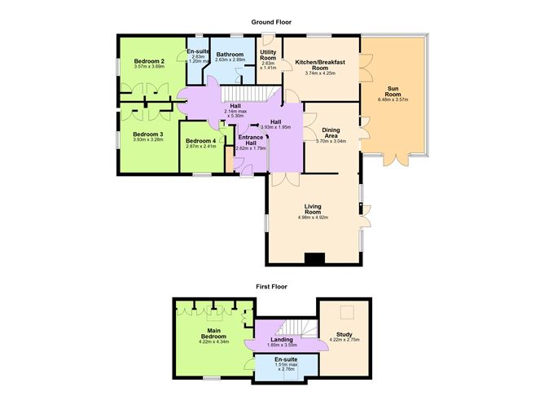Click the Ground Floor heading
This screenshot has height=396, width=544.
pos(271,22)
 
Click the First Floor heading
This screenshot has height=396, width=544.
pos(271,287)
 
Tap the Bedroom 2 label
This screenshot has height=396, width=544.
pos(149,61)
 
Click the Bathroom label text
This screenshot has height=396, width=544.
pos(230,55)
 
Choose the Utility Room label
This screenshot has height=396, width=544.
pos(268,55)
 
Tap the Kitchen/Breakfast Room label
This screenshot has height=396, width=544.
pos(319,64)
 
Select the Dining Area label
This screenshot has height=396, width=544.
pos(331,132)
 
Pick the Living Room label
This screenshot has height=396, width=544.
pos(314,209)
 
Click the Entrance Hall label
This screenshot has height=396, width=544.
pos(250,139)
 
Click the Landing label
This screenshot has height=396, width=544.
pos(281,339)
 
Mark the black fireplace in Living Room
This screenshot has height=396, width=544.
pos(314,259)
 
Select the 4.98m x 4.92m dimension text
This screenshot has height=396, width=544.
pos(314,218)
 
